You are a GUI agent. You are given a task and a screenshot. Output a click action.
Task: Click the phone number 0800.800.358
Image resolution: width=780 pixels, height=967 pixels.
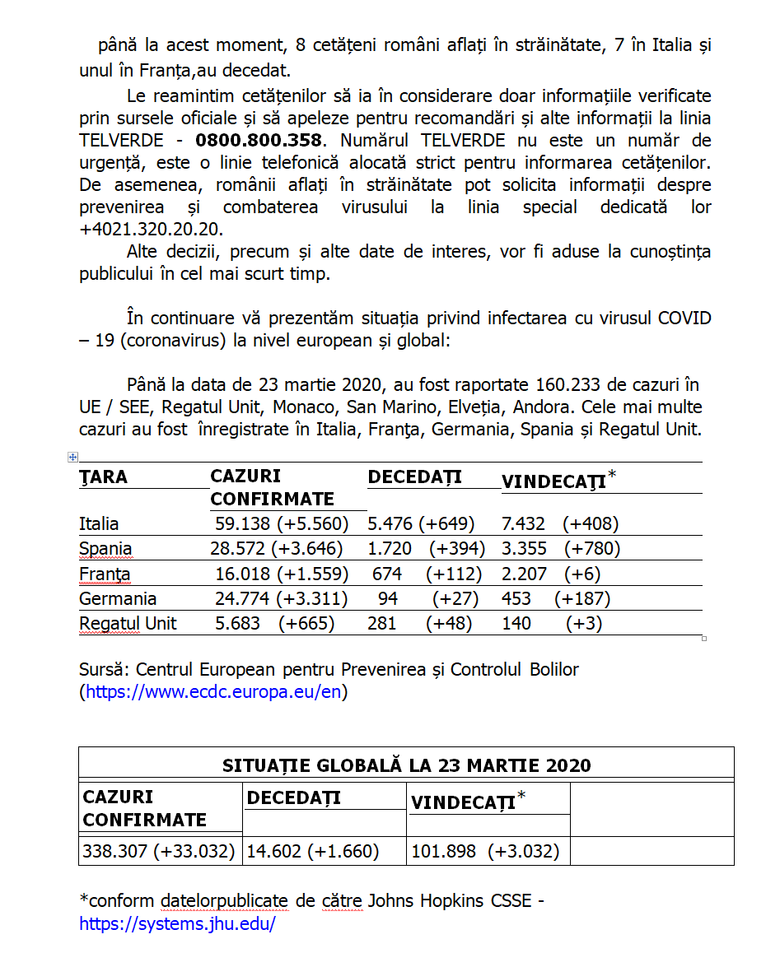pyautogui.click(x=258, y=141)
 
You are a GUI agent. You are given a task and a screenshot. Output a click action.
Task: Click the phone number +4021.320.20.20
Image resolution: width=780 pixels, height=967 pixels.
pyautogui.click(x=152, y=230)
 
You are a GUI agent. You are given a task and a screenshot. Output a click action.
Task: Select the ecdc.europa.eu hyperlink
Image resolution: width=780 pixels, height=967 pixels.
pyautogui.click(x=213, y=692)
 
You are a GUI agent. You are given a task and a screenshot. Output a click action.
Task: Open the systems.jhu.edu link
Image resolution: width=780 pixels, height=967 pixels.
pyautogui.click(x=177, y=923)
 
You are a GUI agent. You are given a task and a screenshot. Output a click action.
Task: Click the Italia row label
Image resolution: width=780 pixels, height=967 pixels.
pyautogui.click(x=99, y=524)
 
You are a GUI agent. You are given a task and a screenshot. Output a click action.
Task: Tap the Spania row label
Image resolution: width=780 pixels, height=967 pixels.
pyautogui.click(x=105, y=549)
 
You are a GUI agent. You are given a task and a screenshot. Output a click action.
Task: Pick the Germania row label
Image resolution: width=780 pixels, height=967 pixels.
pyautogui.click(x=118, y=598)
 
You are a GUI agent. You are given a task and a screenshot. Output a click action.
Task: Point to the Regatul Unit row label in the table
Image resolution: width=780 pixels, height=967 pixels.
pyautogui.click(x=128, y=623)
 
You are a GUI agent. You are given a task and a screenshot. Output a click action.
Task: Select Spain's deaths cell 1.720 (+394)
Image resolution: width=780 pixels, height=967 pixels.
pyautogui.click(x=426, y=549)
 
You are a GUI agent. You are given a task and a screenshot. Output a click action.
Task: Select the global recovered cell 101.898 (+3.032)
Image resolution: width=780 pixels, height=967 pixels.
pyautogui.click(x=485, y=851)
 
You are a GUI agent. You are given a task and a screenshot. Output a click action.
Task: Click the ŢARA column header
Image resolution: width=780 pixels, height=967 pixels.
pyautogui.click(x=103, y=477)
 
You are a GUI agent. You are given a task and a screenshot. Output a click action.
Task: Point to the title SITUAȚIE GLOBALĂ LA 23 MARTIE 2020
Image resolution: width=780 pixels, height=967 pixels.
pyautogui.click(x=406, y=765)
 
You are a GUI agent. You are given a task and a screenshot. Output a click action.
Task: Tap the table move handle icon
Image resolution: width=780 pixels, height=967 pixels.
pyautogui.click(x=72, y=457)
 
